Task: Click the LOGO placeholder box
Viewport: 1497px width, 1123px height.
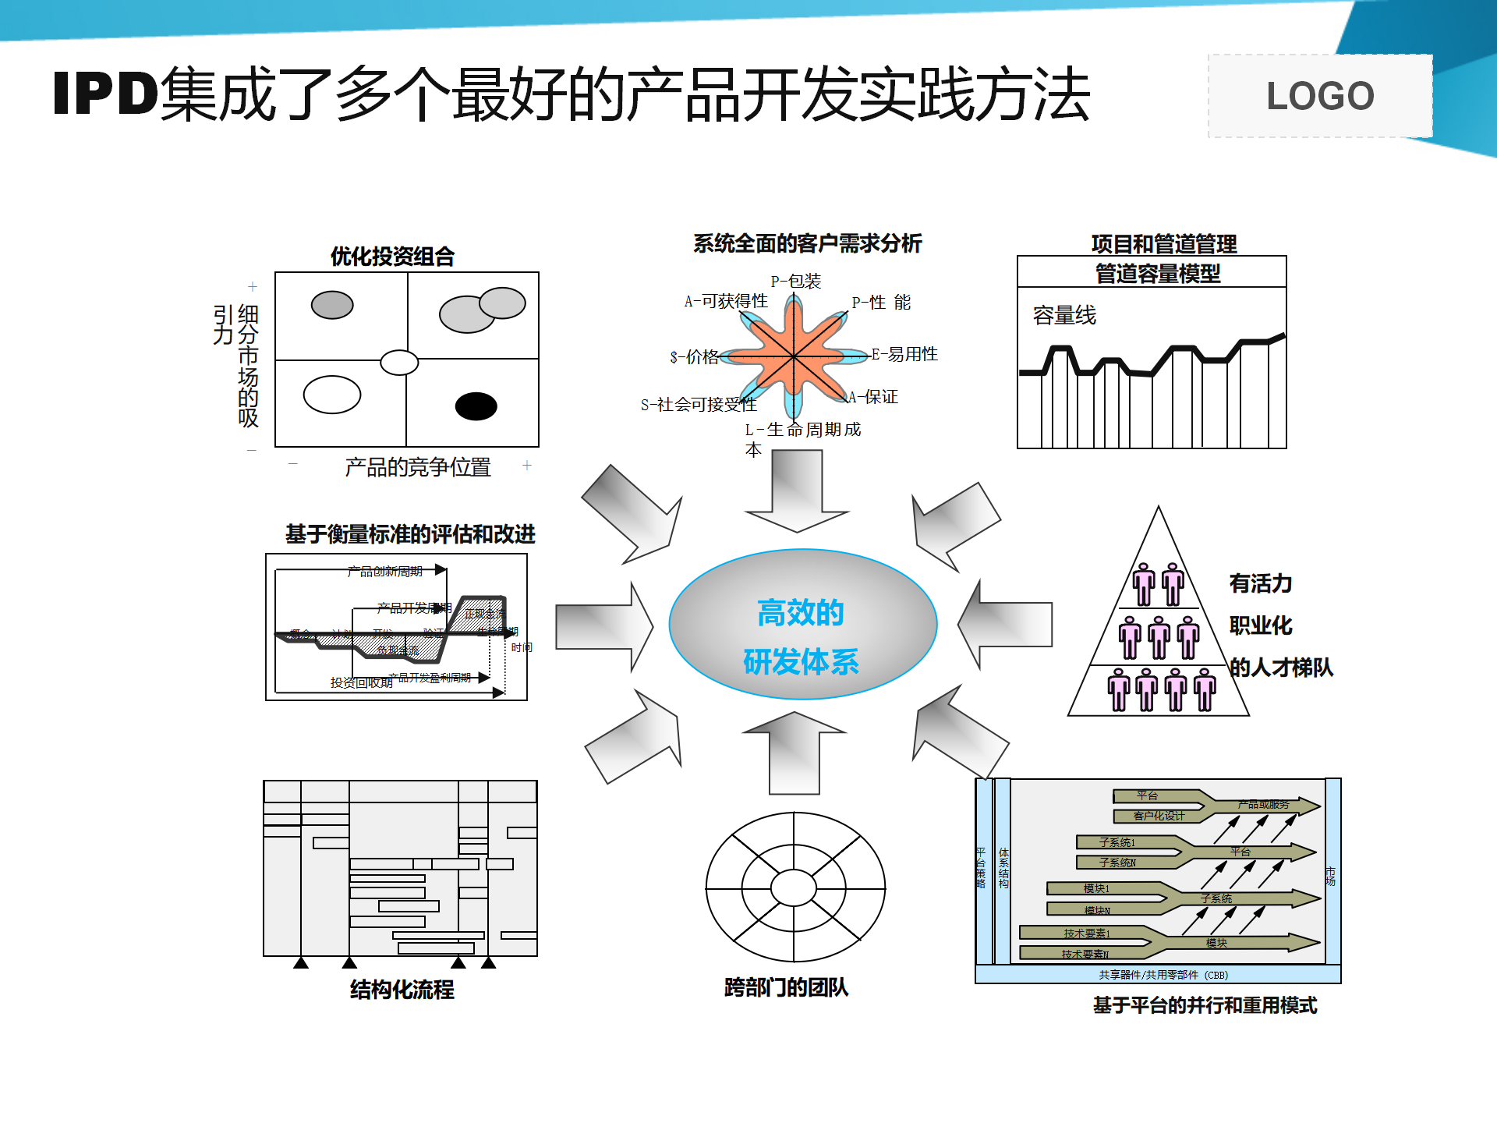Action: point(1319,96)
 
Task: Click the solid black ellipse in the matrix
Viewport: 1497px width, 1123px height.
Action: point(476,406)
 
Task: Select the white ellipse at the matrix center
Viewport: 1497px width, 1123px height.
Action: point(399,363)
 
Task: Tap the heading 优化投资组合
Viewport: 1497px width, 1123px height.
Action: point(392,257)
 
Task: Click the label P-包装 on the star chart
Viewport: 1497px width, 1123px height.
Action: point(795,281)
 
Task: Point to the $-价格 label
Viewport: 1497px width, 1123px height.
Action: point(694,357)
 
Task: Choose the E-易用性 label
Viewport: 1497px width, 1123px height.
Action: point(904,354)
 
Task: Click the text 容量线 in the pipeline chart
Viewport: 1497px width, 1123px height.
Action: point(1064,316)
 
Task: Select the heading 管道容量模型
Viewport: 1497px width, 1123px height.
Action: point(1157,274)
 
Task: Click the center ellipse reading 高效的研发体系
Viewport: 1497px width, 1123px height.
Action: point(802,625)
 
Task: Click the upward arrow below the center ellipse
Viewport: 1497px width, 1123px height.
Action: point(795,752)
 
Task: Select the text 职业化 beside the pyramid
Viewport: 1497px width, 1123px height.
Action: point(1260,625)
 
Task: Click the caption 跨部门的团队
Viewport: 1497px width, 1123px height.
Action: point(786,987)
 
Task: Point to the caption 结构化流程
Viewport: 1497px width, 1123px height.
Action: point(402,990)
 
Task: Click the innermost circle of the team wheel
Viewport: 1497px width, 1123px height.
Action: point(794,887)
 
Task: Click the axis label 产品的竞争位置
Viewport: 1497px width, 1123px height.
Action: point(417,467)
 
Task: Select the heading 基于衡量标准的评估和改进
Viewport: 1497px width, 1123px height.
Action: point(410,534)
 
